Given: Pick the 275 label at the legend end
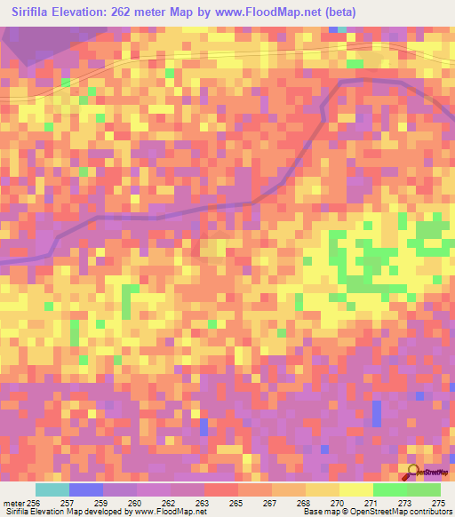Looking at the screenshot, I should click(x=438, y=502).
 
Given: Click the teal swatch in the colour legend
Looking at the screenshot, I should click(x=52, y=489).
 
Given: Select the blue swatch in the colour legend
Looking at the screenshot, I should click(x=86, y=489).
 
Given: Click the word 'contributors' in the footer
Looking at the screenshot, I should click(x=431, y=512).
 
